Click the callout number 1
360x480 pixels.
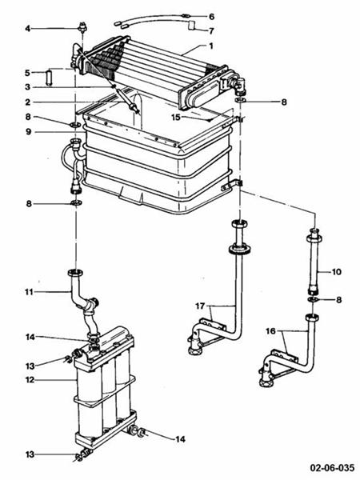point(211,46)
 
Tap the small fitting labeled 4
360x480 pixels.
point(81,29)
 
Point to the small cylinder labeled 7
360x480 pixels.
point(192,26)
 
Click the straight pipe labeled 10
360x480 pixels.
point(313,264)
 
